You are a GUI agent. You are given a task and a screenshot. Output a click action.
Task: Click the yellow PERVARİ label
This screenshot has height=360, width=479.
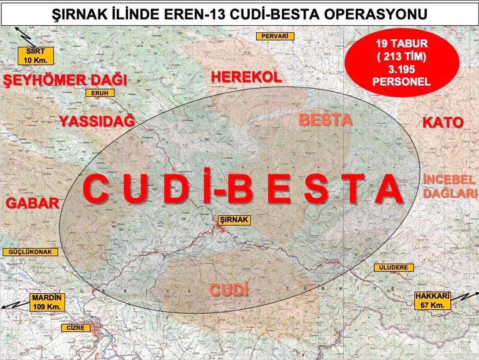click(275, 36)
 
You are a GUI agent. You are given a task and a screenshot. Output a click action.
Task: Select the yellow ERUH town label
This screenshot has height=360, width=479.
click(100, 93)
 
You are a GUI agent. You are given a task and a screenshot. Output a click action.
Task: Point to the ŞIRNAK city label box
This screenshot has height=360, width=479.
click(234, 220)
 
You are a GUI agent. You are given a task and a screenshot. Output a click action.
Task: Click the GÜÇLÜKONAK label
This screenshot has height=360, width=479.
click(30, 252)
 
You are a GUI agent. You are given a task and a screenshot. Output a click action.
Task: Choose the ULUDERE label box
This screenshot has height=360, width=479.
click(394, 267)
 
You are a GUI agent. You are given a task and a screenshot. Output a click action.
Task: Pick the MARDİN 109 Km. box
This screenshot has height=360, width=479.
click(46, 302)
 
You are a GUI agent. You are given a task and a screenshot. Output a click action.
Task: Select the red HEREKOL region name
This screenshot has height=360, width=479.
click(246, 77)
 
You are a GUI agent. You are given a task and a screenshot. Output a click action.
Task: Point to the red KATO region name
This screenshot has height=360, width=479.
click(443, 123)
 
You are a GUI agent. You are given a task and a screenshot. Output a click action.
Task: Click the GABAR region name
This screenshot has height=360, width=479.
click(32, 203)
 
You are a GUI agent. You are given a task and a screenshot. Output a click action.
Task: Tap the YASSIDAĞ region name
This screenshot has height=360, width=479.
click(97, 121)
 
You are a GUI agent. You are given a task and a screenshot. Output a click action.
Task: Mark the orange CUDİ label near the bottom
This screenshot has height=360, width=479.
click(229, 290)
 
